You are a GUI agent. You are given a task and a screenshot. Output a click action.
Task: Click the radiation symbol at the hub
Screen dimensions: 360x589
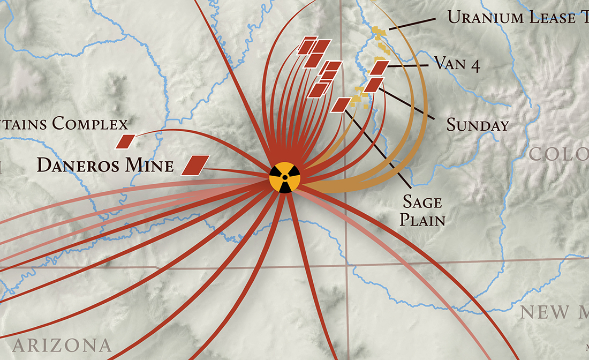point(285,177)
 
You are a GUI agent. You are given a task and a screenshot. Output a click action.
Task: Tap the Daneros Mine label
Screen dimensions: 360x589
point(105,165)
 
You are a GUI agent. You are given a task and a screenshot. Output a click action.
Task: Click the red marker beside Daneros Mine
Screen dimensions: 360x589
point(195,165)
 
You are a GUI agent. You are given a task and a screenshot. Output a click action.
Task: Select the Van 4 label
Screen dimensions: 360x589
point(457,64)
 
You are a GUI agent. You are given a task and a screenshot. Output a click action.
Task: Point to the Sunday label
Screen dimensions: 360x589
point(478,125)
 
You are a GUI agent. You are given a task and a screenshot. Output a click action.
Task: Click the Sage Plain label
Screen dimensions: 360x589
point(423,211)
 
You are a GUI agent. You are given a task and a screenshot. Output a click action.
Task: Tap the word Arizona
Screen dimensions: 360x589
point(62,344)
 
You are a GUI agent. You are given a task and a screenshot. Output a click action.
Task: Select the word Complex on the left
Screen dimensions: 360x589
point(90,124)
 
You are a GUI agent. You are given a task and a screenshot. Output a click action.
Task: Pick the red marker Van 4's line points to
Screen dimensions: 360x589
point(379,67)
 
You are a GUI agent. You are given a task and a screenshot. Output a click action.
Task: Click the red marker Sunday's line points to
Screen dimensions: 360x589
point(374,85)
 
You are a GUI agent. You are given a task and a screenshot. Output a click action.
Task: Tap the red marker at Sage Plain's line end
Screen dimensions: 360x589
point(341,104)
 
